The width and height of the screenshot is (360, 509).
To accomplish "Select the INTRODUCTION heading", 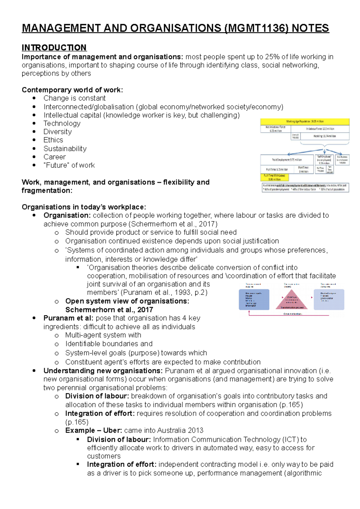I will tap(54, 48).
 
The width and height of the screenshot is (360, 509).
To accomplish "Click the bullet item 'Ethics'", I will tap(53, 140).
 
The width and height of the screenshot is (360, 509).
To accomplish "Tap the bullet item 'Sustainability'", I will tap(65, 149).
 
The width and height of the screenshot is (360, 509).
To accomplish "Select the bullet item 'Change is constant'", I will tap(74, 98).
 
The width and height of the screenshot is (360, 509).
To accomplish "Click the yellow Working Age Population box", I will tap(304, 121).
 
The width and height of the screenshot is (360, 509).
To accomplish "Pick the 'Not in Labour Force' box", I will tap(275, 129).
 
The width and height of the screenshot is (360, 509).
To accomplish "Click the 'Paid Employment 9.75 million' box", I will tap(287, 160).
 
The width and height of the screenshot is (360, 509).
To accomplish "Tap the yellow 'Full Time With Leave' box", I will tap(274, 177).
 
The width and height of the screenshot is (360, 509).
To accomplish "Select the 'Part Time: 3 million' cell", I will tap(303, 170).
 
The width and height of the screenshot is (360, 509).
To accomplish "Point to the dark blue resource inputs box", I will tap(254, 299).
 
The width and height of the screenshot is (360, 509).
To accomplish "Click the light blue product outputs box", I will tap(329, 299).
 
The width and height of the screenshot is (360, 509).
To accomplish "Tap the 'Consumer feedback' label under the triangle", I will tap(292, 314).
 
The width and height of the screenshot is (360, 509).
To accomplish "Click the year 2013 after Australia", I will tap(196, 430).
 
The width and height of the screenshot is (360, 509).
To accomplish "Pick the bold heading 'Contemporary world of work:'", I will tap(72, 90).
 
